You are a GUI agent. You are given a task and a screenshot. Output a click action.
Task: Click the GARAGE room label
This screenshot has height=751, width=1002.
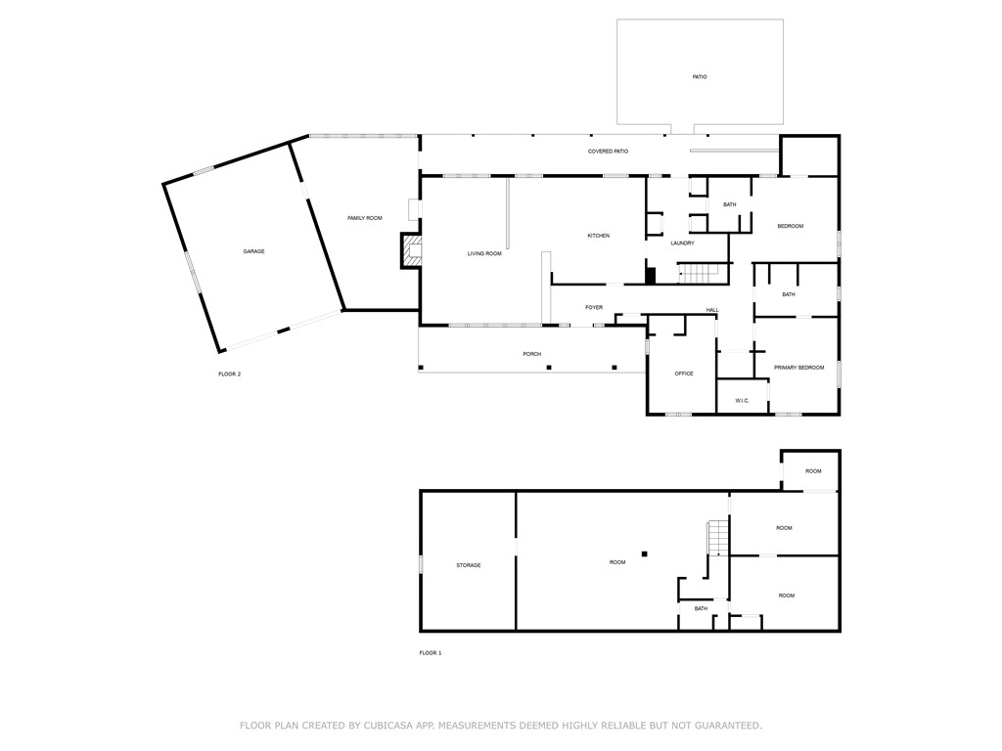coord(253,251)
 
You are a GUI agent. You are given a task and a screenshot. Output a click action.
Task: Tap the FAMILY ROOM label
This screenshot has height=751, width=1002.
coord(364,218)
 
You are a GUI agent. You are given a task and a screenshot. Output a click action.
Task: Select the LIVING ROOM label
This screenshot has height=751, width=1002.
coord(484,253)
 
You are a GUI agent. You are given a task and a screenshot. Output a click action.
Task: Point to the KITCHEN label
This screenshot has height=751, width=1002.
coord(598,236)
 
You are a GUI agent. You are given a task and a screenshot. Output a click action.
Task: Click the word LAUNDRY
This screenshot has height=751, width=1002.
coord(682,243)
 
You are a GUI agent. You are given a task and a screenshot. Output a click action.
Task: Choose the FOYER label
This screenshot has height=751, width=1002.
coord(594,307)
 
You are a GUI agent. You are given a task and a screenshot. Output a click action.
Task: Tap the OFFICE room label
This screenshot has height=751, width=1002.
coord(684,374)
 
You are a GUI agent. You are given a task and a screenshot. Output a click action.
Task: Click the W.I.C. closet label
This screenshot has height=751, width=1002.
coord(742,400)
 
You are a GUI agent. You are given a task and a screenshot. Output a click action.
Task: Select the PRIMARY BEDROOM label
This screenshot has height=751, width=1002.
coord(798,368)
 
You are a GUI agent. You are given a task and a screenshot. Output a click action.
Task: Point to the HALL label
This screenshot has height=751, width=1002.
coord(712,310)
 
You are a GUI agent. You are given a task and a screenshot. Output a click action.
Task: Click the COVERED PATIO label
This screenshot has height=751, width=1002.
coord(608,152)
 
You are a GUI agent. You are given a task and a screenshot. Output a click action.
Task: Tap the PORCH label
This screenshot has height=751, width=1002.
coord(531,354)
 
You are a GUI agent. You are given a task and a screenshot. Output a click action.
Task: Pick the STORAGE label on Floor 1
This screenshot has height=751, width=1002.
coord(468,565)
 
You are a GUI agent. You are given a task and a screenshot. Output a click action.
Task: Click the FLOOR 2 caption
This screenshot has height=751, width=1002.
coord(229,374)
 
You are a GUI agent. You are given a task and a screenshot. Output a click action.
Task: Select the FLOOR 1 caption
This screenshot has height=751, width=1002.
coord(431,652)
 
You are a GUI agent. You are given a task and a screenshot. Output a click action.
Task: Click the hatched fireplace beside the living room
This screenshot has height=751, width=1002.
coord(408,250)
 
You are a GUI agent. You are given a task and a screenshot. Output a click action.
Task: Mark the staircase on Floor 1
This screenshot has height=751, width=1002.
coord(718,537)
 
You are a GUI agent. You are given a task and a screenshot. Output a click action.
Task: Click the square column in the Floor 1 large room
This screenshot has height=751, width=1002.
coord(645,554)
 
